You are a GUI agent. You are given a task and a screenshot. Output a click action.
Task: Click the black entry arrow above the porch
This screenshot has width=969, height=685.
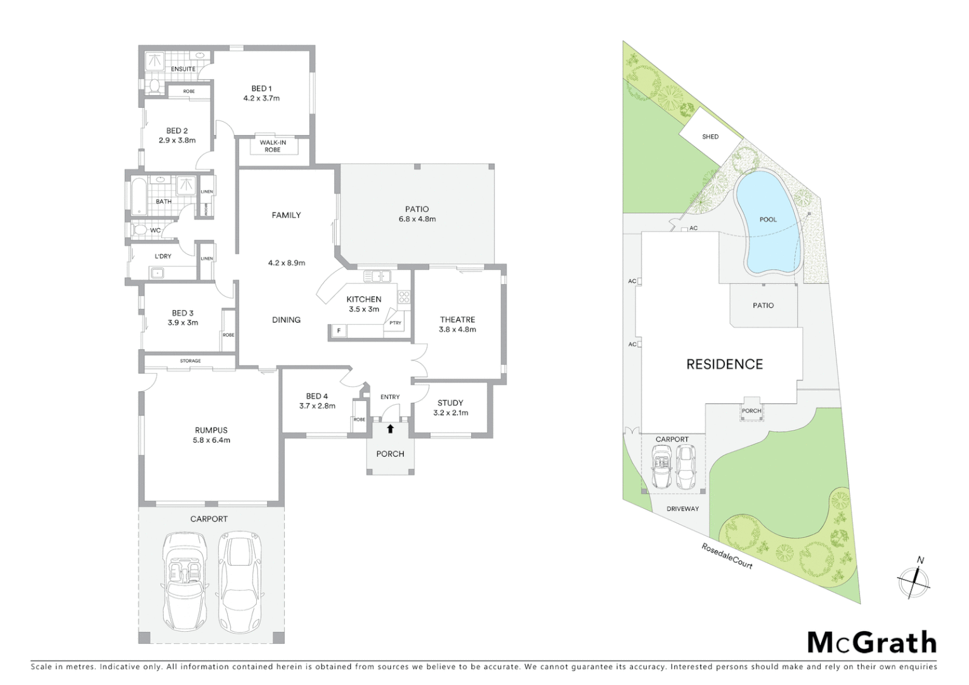[x=391, y=429]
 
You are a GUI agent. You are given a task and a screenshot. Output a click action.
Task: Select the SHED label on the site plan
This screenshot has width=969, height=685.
[x=710, y=136]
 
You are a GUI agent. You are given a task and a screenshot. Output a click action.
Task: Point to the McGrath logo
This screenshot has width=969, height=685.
[x=871, y=643]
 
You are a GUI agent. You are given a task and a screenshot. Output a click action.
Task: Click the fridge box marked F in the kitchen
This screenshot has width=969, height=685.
[x=339, y=331]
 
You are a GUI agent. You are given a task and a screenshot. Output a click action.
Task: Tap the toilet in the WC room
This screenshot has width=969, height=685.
[x=139, y=230]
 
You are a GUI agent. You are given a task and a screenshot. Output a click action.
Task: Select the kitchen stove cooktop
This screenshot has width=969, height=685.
[x=404, y=297]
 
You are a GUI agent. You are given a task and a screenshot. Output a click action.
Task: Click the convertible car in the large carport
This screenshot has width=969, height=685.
[x=184, y=580]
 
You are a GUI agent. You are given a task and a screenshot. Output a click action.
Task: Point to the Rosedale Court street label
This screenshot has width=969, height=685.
[x=727, y=556]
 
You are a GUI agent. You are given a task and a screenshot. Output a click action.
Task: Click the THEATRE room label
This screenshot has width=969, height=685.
[x=457, y=320]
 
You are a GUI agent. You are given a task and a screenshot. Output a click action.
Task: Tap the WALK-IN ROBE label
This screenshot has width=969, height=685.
[x=273, y=146]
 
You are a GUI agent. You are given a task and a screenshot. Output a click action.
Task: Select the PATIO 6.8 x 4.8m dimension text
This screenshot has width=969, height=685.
[x=417, y=219]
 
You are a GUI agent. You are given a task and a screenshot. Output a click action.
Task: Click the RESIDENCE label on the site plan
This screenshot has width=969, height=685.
[x=724, y=364]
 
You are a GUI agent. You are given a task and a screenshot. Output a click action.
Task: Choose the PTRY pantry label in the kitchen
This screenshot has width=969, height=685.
[x=395, y=323]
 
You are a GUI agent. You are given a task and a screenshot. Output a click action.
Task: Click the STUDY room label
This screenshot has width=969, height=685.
[x=450, y=403]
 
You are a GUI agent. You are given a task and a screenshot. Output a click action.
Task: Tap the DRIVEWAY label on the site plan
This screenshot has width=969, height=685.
[x=682, y=509]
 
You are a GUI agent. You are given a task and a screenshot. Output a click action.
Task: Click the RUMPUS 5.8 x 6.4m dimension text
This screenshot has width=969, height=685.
[x=211, y=440]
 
